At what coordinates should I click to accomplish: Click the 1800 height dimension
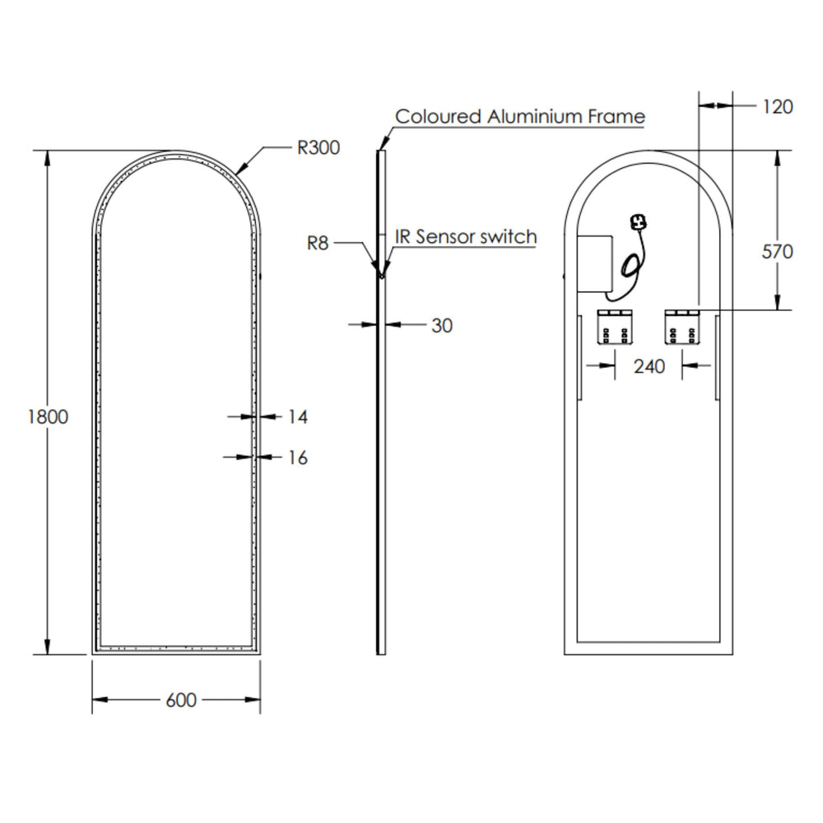click(48, 416)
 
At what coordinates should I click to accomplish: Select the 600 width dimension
click(181, 700)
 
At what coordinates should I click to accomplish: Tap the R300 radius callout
click(319, 147)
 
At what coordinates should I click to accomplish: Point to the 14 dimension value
click(298, 416)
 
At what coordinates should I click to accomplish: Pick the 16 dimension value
click(298, 458)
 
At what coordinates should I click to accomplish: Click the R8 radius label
click(318, 243)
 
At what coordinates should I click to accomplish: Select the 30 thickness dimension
click(442, 325)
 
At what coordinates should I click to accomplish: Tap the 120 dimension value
click(778, 106)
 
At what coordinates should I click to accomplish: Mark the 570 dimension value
click(778, 251)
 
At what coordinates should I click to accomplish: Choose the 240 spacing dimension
click(649, 366)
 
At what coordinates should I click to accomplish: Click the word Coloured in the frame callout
click(438, 116)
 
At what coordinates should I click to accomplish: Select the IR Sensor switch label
click(466, 237)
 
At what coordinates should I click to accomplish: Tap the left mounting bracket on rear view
click(615, 327)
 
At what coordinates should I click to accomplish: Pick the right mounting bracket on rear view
click(682, 327)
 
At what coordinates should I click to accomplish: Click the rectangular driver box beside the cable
click(595, 263)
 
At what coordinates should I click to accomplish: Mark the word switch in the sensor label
click(509, 237)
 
